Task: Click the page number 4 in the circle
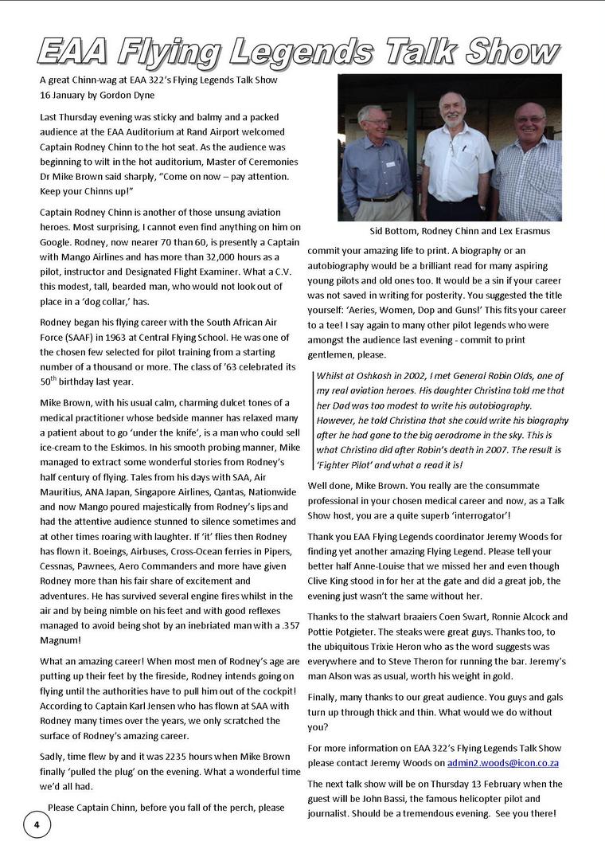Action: [x=37, y=824]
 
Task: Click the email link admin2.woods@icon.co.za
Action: [x=504, y=763]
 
